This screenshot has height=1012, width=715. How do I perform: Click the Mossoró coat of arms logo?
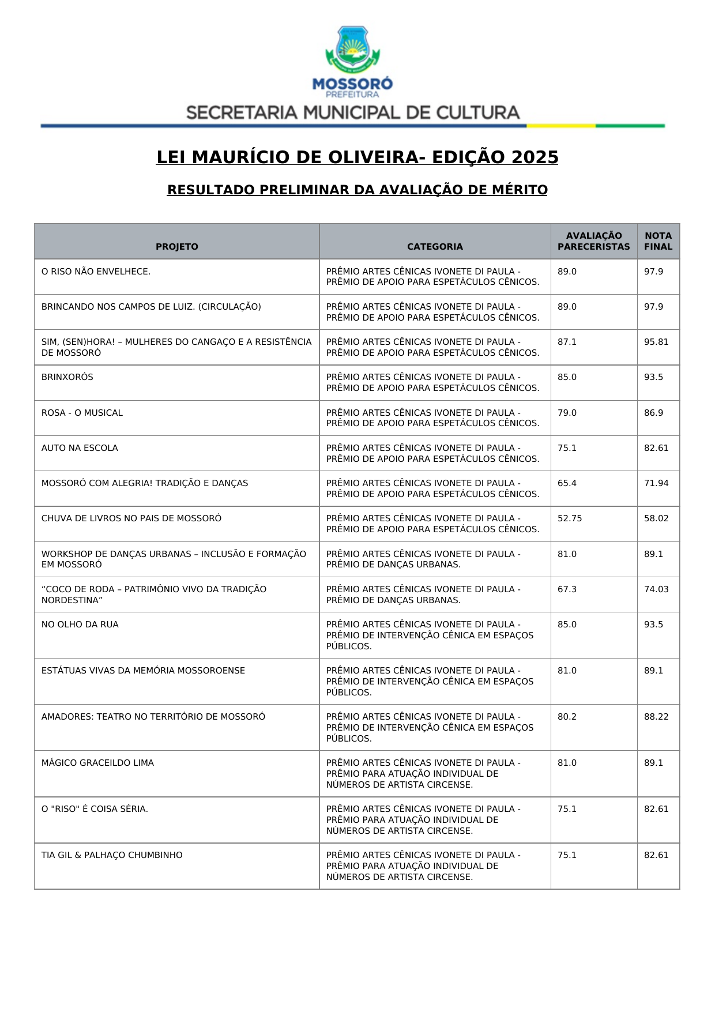352,49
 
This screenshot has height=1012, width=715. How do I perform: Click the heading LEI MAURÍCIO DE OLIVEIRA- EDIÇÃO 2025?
357,157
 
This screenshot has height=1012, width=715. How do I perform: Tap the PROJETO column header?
176,247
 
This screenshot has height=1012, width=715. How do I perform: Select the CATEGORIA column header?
435,247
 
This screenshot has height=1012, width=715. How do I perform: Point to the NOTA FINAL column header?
658,241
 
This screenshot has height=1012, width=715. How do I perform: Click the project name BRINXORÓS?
67,377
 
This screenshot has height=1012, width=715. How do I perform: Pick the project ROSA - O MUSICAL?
82,413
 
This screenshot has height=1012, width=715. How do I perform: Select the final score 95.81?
656,342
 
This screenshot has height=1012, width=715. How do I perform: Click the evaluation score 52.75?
569,518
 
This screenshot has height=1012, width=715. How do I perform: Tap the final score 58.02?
656,518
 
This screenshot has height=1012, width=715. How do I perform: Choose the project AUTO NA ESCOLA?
80,448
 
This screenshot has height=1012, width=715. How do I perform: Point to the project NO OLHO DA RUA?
80,624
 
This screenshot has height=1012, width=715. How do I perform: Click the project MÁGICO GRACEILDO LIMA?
97,763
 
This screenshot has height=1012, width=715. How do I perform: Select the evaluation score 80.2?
567,717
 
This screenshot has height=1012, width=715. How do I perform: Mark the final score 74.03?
656,589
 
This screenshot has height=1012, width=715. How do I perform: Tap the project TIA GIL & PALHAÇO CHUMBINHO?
112,855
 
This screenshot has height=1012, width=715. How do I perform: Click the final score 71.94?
656,483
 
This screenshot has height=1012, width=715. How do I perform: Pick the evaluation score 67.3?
567,589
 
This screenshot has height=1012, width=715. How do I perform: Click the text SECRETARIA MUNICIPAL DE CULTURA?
353,112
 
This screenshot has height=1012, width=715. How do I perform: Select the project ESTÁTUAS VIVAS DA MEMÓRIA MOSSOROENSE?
143,671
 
